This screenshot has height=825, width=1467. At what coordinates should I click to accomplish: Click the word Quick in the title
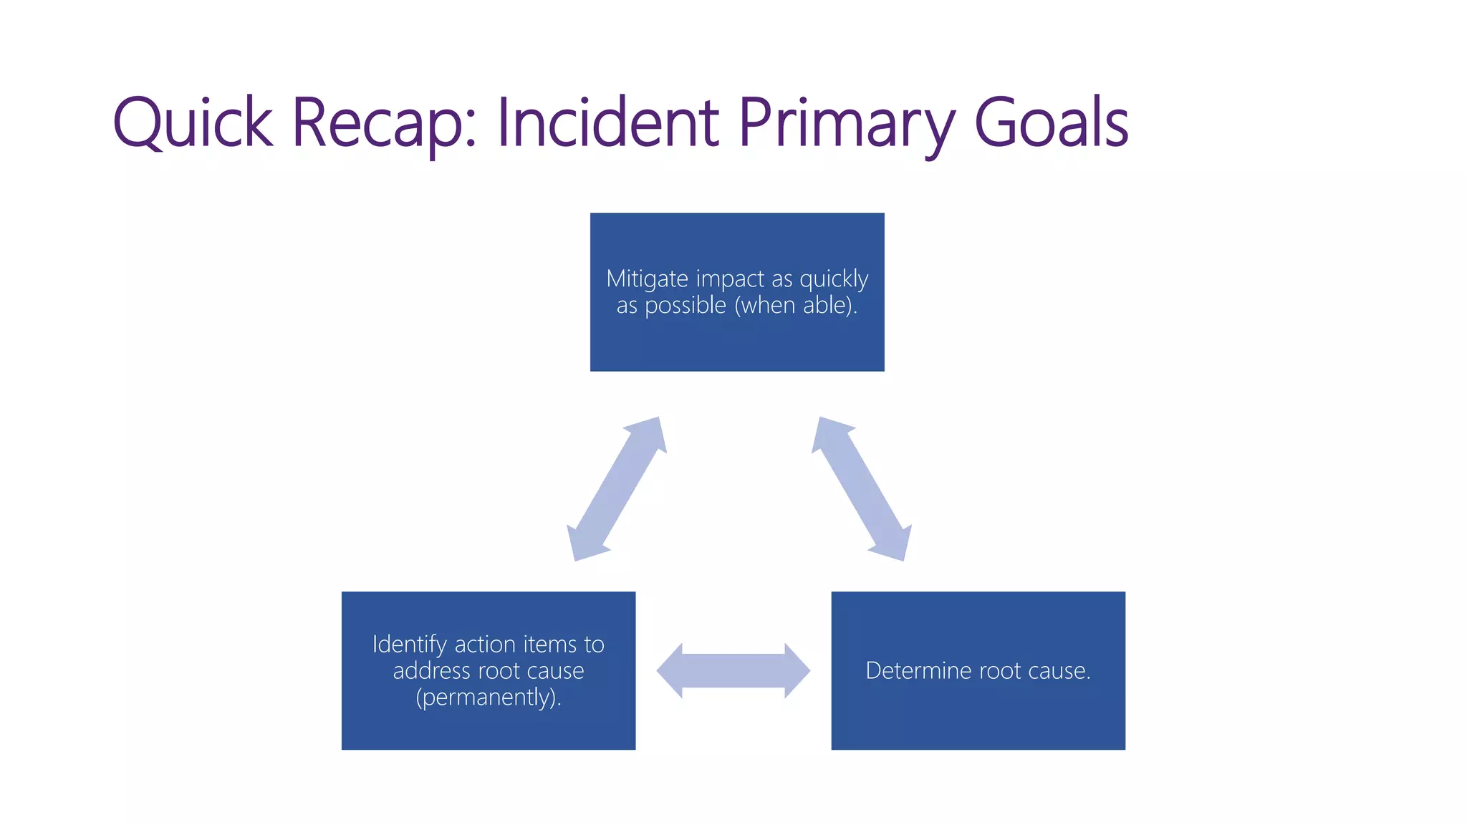click(x=193, y=123)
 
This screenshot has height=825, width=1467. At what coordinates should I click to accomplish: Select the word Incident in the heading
click(x=608, y=123)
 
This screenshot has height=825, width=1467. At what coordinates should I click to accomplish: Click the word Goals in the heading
click(x=1052, y=123)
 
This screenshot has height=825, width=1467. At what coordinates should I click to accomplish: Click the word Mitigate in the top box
click(x=647, y=279)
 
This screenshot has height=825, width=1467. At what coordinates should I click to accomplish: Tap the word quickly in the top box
click(x=834, y=279)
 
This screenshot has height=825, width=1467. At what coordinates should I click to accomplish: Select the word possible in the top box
click(x=686, y=306)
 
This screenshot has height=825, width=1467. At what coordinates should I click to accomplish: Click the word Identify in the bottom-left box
click(x=409, y=645)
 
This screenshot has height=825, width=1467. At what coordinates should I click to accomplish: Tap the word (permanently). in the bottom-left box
click(x=489, y=698)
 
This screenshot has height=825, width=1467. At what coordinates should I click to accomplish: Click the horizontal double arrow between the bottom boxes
click(x=733, y=671)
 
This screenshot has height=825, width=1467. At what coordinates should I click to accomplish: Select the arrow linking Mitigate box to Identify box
click(x=617, y=489)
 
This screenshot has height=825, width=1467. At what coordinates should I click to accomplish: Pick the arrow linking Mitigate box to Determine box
click(x=862, y=489)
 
